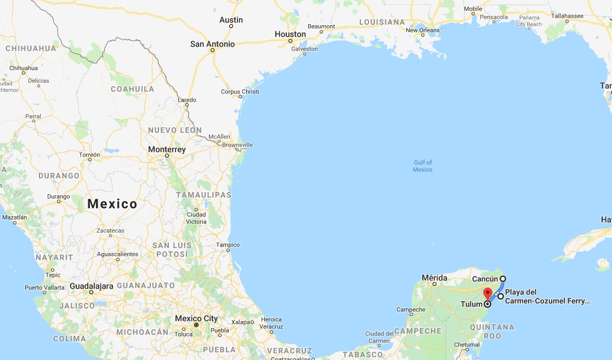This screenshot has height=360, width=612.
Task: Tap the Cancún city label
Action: tap(485, 279)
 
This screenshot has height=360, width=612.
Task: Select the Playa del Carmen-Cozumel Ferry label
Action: tap(547, 296)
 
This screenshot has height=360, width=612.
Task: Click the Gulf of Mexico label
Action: tap(422, 166)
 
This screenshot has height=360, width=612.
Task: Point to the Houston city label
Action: tap(290, 34)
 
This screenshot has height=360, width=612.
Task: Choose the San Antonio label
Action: tap(212, 44)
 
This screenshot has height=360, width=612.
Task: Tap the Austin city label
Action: tap(231, 20)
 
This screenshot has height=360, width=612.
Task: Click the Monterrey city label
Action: tap(167, 149)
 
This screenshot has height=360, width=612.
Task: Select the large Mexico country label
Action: tap(112, 204)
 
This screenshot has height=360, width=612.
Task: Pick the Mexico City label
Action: tap(196, 318)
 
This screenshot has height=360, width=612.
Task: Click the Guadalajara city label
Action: tap(92, 286)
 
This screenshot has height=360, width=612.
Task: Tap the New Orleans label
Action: tap(422, 30)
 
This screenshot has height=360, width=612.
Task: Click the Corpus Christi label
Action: tap(240, 92)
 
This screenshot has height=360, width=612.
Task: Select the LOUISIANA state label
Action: tap(382, 22)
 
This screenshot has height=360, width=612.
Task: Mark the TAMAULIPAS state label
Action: tap(203, 195)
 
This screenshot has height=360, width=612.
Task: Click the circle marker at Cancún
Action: tap(502, 279)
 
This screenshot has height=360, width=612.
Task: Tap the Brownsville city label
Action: tap(237, 145)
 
